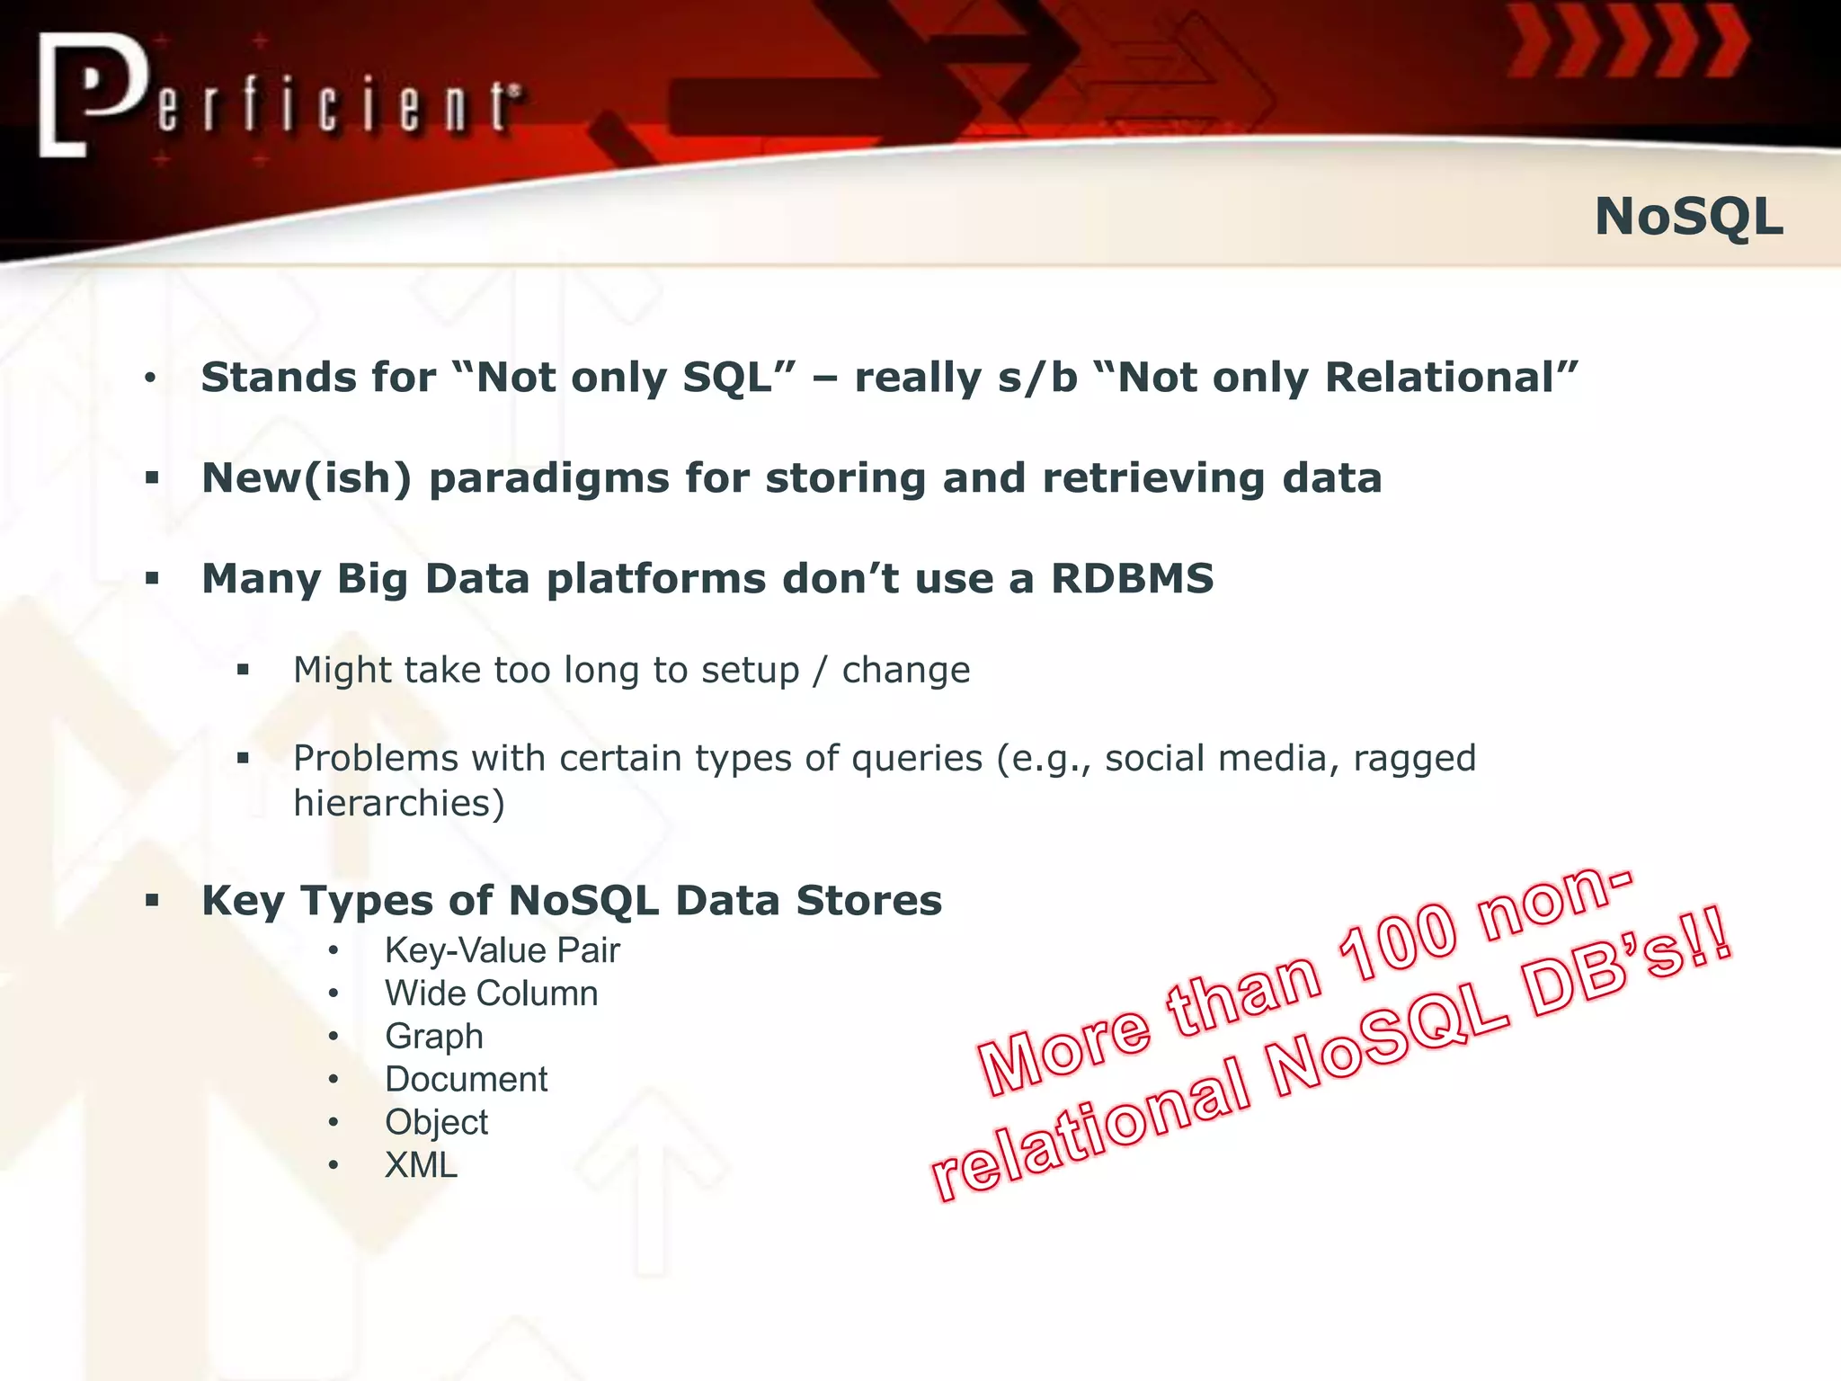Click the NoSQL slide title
tap(1688, 217)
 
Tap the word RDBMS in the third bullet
tap(1133, 578)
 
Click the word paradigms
tap(548, 477)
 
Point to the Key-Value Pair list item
tap(502, 950)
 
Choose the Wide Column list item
tap(491, 993)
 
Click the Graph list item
tap(433, 1037)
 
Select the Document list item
tap(466, 1079)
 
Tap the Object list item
tap(436, 1122)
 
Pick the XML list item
tap(421, 1165)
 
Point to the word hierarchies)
tap(399, 803)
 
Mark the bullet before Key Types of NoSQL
tap(152, 900)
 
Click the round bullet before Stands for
tap(150, 379)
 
